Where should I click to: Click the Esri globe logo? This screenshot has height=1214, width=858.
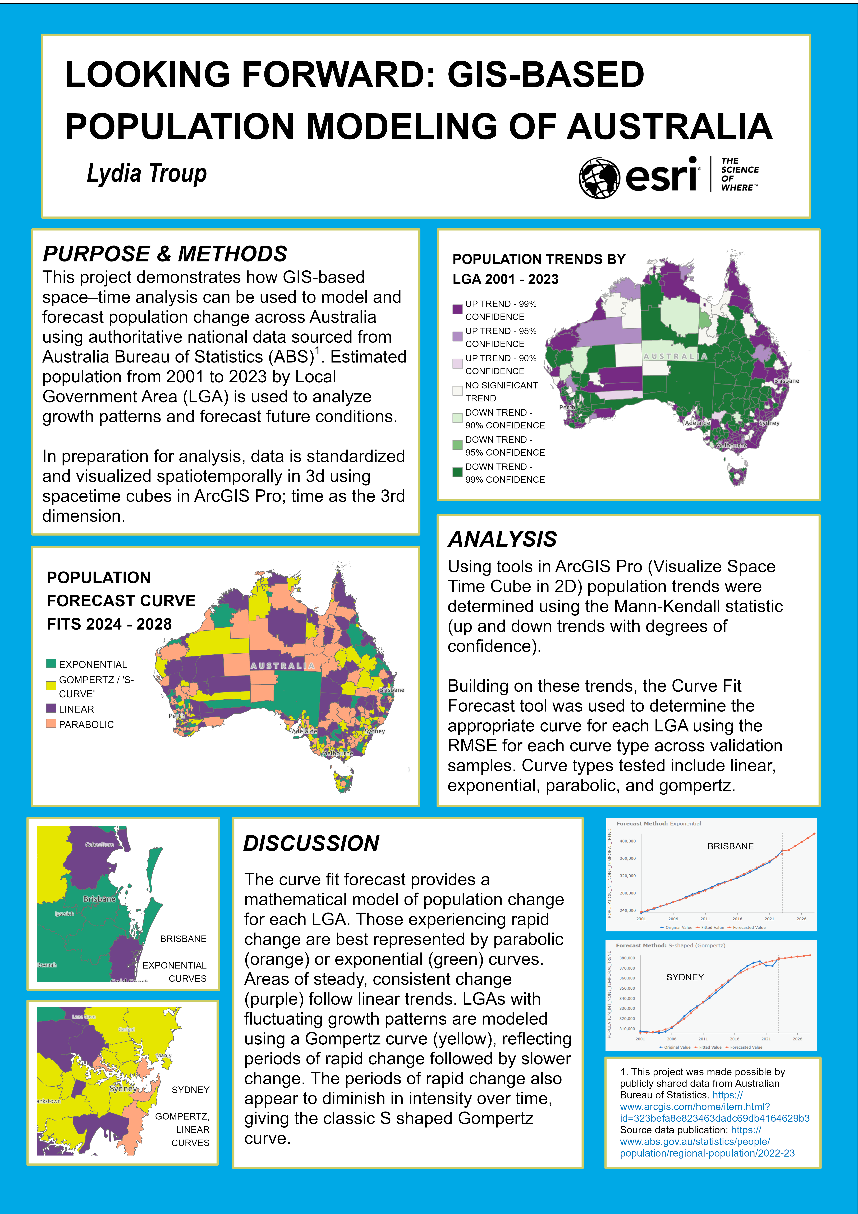point(599,178)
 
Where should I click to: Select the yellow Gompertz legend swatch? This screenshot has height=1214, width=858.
point(51,686)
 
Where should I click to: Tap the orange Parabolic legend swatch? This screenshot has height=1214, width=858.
point(51,724)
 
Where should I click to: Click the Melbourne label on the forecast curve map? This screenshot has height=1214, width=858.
point(337,753)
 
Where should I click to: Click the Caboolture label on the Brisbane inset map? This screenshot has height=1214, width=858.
point(99,844)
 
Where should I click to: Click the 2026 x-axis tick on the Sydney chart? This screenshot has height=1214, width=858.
point(797,1039)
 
